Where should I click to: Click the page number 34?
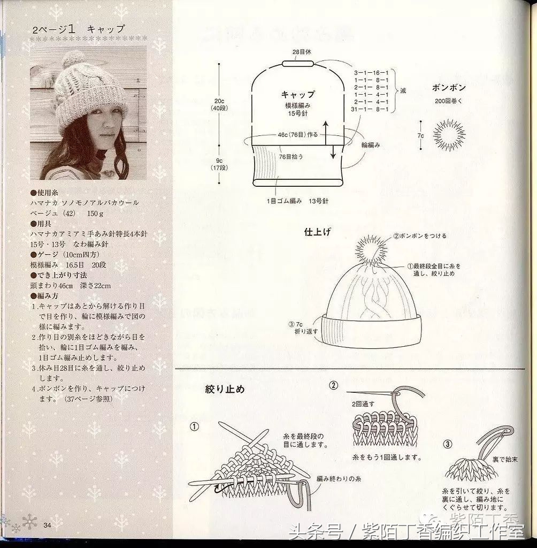pyautogui.click(x=47, y=524)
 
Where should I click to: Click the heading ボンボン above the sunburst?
pyautogui.click(x=449, y=88)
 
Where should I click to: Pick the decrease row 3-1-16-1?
pyautogui.click(x=371, y=72)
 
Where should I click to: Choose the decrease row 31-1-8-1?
pyautogui.click(x=371, y=109)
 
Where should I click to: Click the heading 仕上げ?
pyautogui.click(x=318, y=232)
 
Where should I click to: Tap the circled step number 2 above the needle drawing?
pyautogui.click(x=334, y=386)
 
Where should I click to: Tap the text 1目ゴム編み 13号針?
pyautogui.click(x=298, y=201)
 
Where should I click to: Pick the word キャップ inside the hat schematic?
pyautogui.click(x=298, y=94)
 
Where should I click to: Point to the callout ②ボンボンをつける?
pyautogui.click(x=420, y=235)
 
